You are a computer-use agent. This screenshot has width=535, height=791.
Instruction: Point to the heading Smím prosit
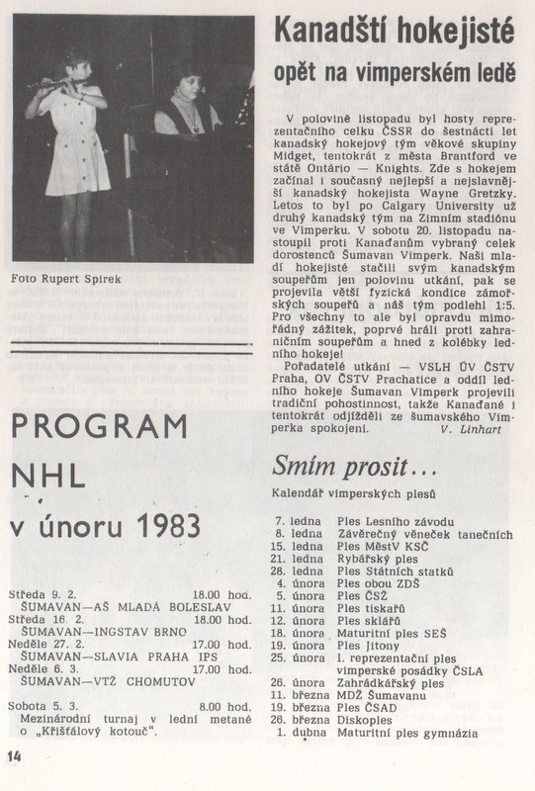click(x=341, y=465)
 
